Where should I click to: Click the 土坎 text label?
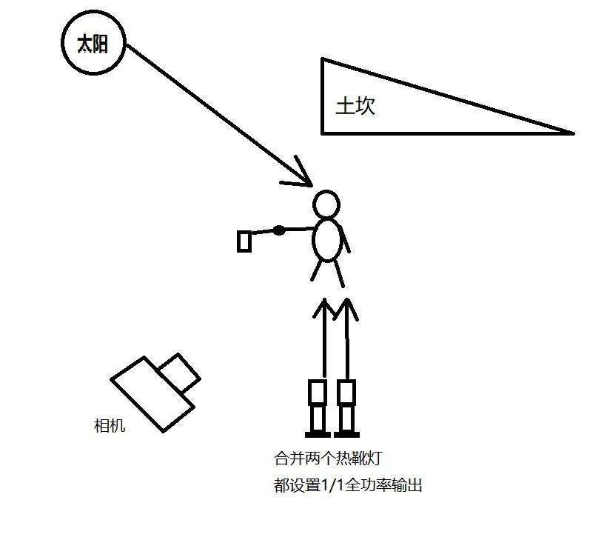pos(355,105)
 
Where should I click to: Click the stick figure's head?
pos(326,204)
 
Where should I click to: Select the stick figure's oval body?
pos(328,239)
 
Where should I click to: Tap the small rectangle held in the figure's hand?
pos(244,241)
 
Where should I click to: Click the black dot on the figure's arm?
pos(278,230)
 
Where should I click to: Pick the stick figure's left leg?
pos(316,271)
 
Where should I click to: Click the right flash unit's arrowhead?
pos(346,307)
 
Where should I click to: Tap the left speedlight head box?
pos(318,392)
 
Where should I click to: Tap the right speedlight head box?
pos(346,392)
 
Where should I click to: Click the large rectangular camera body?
pos(152,393)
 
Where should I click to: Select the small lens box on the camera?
pos(179,372)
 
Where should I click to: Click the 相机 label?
pos(110,425)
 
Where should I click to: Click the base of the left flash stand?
pos(318,433)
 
